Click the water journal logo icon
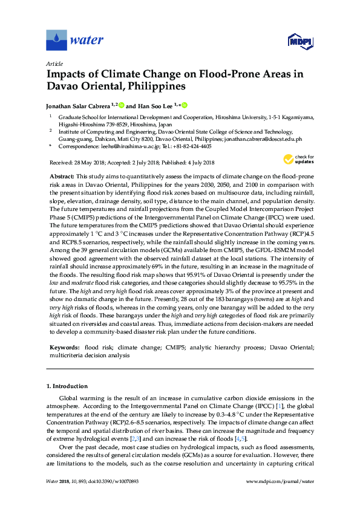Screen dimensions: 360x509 coord(56,41)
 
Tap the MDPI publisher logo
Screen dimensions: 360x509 coord(296,41)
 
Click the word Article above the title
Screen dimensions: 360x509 coord(55,63)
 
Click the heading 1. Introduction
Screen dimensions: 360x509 coord(67,386)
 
